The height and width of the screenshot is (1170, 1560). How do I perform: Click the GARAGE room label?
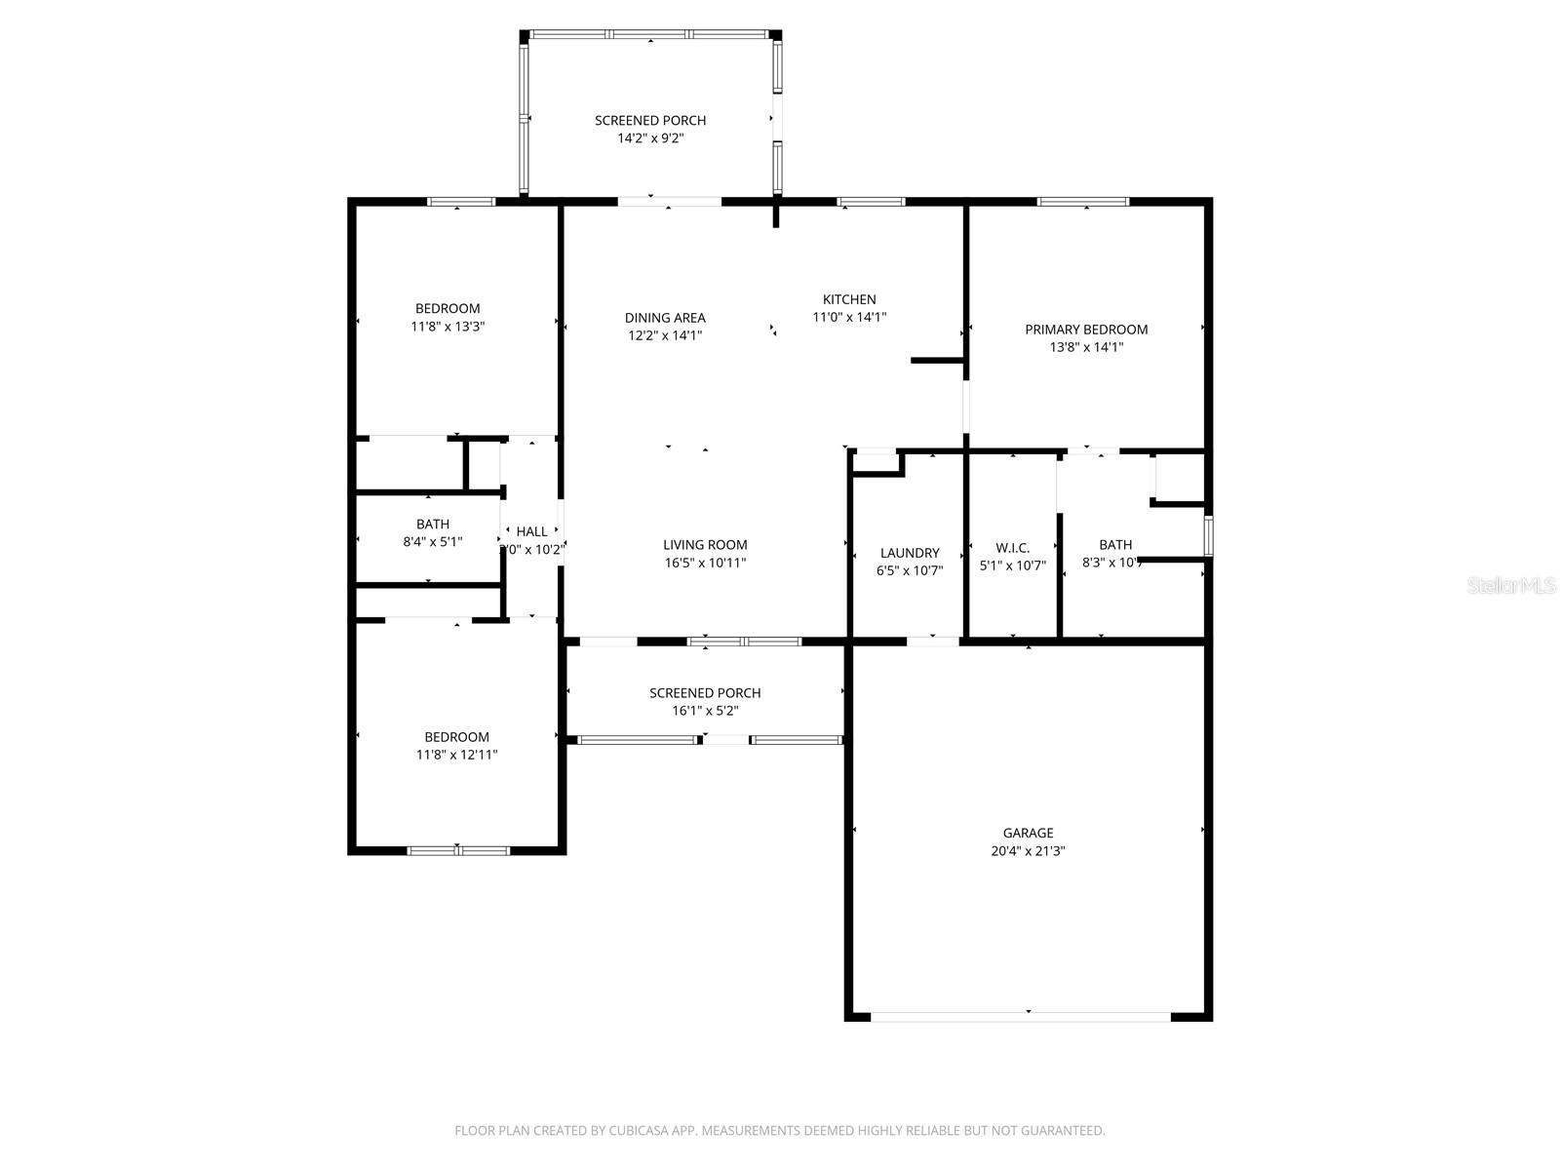click(x=1028, y=833)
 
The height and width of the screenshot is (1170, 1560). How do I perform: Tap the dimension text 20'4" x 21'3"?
click(x=1028, y=851)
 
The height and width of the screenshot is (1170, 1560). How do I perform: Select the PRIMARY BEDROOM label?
click(x=1086, y=330)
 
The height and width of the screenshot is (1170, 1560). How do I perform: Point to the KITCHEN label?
click(x=849, y=299)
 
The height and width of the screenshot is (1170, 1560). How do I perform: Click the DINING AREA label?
click(x=665, y=318)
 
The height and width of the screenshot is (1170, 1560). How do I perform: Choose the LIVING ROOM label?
click(x=705, y=545)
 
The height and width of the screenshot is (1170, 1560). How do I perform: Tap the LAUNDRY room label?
click(x=910, y=553)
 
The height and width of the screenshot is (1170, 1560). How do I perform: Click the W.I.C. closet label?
click(x=1012, y=548)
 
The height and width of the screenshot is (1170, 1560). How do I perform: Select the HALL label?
click(x=531, y=531)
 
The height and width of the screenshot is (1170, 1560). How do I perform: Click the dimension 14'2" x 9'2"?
click(x=650, y=138)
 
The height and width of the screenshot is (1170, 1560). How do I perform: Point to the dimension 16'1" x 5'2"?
click(x=705, y=711)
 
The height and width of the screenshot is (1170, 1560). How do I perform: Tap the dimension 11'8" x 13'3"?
click(x=448, y=327)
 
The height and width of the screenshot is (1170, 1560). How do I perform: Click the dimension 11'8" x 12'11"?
click(x=456, y=755)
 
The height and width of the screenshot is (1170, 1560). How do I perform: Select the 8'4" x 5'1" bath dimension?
click(x=432, y=542)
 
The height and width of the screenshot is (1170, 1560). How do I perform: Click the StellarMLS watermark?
click(x=1511, y=586)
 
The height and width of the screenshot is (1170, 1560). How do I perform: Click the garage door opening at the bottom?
click(x=1020, y=1016)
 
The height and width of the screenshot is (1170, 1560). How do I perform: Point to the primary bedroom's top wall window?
click(x=1082, y=202)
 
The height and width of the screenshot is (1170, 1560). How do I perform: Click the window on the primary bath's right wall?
click(x=1208, y=536)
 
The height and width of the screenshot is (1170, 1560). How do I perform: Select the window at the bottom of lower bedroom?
click(x=458, y=850)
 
